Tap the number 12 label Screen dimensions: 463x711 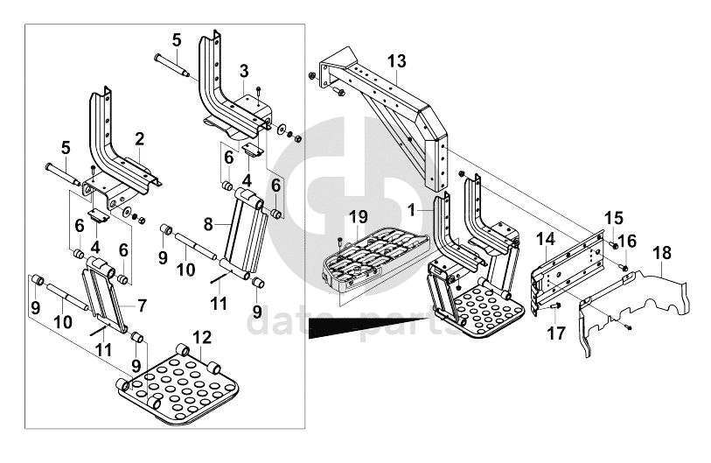[x=202, y=337]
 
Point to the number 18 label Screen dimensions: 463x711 [x=662, y=253]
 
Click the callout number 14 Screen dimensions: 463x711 [x=545, y=238]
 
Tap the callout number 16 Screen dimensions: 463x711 [x=627, y=242]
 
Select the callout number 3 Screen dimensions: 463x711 [x=244, y=70]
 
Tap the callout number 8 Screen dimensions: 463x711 [x=208, y=223]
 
